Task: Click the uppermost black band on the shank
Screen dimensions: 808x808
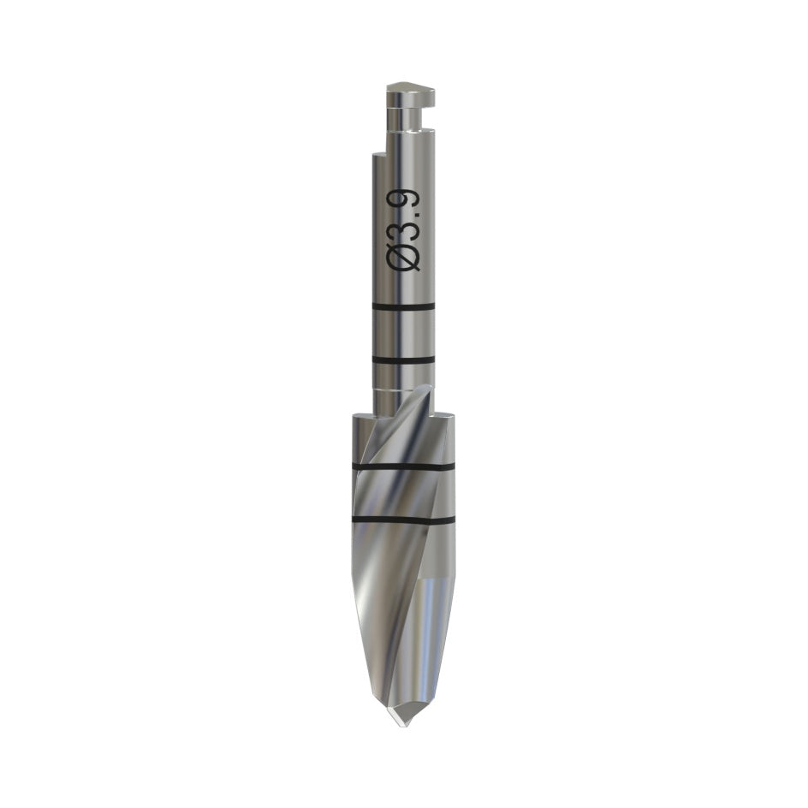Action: coord(403,307)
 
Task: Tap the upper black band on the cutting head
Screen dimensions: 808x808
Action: coord(403,466)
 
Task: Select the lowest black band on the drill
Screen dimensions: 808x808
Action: coord(403,519)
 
